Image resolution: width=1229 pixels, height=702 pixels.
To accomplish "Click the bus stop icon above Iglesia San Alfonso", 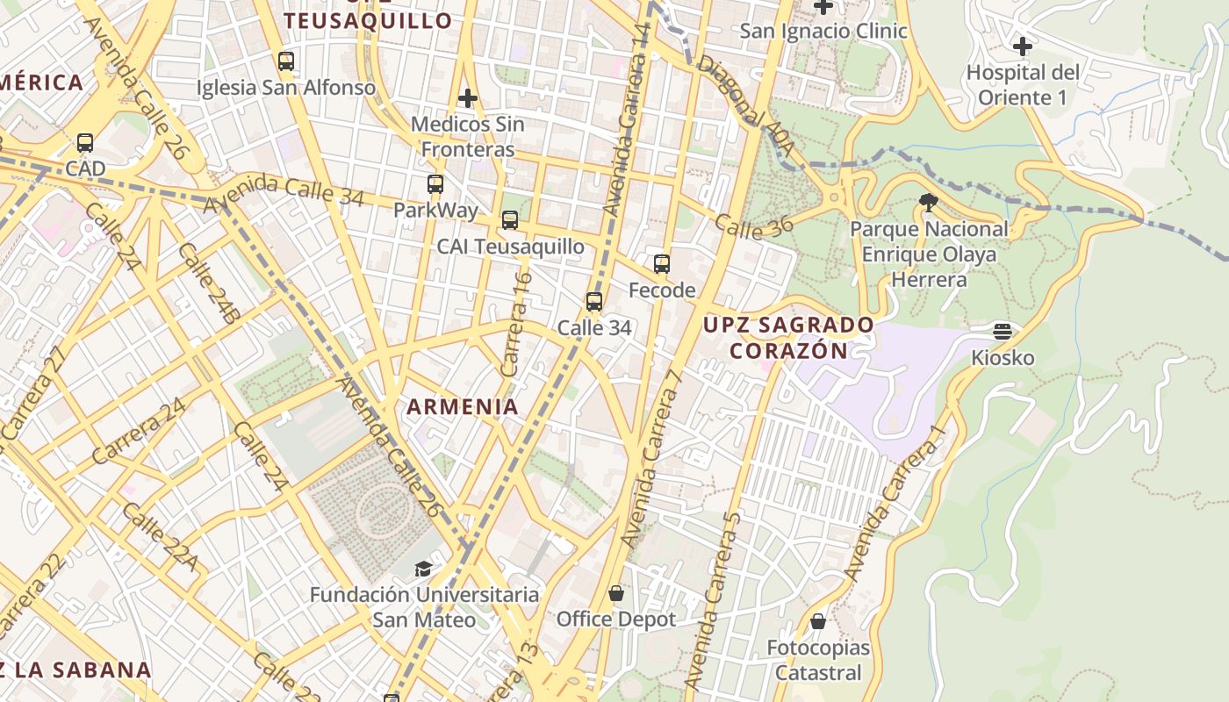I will (285, 61).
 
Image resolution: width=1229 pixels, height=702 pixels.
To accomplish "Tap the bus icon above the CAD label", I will (85, 142).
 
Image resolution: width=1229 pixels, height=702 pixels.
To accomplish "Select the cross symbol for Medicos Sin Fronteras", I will (468, 97).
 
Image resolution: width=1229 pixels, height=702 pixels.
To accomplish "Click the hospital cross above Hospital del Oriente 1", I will (1022, 46).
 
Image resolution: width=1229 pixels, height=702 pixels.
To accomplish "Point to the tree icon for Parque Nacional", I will (928, 204).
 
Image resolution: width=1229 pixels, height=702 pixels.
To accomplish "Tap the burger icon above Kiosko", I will (1003, 332).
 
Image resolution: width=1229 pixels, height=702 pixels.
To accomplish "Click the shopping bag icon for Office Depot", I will (616, 593).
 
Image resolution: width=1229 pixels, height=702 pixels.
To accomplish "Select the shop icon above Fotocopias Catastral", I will (818, 621).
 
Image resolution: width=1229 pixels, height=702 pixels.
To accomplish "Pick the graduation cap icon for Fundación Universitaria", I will (423, 569).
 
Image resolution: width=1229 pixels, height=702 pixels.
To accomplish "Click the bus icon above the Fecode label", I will (662, 263).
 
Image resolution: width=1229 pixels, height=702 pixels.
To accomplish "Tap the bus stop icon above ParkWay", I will (435, 184).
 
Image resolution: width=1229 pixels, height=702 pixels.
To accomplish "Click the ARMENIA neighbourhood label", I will (462, 406).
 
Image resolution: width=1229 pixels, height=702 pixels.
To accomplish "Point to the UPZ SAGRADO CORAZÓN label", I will (788, 338).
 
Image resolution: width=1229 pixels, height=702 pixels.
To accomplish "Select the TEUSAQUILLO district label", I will (369, 20).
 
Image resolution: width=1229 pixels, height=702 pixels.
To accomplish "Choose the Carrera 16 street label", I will (516, 325).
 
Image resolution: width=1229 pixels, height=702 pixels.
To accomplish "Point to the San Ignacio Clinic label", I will (823, 32).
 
